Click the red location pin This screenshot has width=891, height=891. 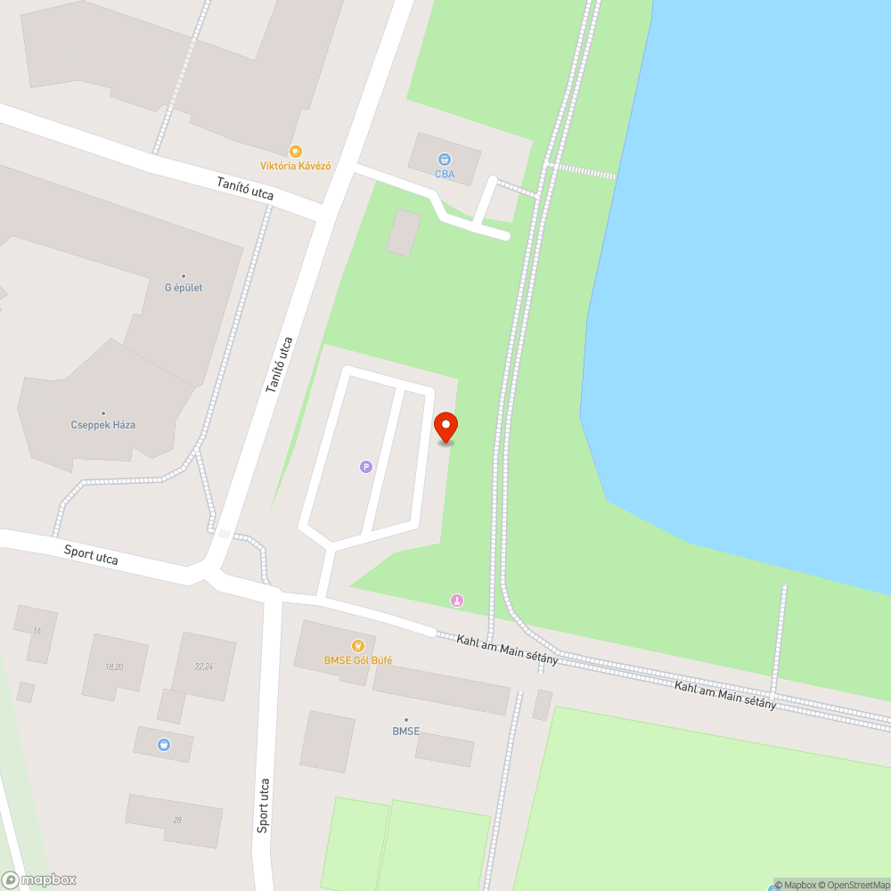click(x=445, y=427)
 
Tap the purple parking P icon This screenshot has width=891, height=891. click(x=365, y=466)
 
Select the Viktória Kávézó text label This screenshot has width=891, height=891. click(x=296, y=167)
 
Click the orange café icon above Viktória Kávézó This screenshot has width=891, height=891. click(x=296, y=151)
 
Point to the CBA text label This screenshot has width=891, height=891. click(x=445, y=175)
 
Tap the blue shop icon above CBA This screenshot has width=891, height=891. click(x=445, y=159)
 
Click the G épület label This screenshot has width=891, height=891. click(x=184, y=288)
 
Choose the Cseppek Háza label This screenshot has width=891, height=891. click(x=103, y=425)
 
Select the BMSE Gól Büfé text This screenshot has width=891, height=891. click(x=357, y=660)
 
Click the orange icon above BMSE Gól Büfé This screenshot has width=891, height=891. click(x=357, y=645)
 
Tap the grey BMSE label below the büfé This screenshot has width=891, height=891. click(x=405, y=732)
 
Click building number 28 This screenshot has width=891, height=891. click(x=177, y=820)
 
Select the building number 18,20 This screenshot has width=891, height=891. click(x=113, y=666)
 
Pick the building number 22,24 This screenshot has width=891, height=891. click(x=203, y=666)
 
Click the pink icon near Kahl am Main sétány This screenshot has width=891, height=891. click(x=457, y=601)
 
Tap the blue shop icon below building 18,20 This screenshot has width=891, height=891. click(x=164, y=744)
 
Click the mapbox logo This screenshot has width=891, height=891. click(x=39, y=879)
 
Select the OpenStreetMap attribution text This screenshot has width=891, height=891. click(x=854, y=885)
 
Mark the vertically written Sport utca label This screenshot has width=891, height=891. click(x=263, y=805)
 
